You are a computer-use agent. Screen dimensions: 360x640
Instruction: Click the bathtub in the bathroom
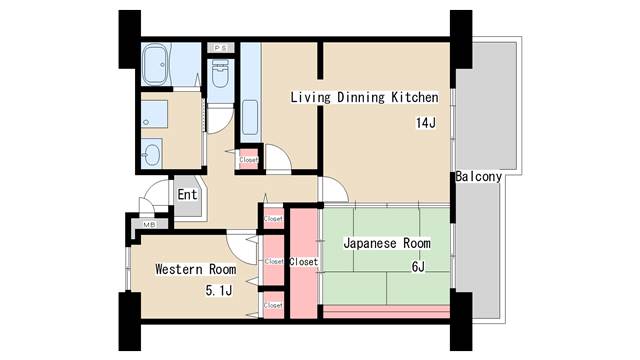point(157,67)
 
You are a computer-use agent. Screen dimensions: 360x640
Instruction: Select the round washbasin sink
point(152,154)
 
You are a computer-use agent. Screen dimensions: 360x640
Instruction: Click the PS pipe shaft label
point(220,47)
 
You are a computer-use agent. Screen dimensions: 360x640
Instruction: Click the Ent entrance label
point(187,194)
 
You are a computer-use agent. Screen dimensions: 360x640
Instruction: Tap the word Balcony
point(477,176)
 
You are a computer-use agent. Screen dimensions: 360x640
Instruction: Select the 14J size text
point(427,123)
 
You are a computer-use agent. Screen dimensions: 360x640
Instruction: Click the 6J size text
point(418,266)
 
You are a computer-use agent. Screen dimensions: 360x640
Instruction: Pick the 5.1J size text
point(218,291)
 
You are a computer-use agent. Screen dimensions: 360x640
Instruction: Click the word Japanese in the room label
point(370,243)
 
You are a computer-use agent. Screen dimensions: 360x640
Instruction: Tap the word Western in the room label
point(180,269)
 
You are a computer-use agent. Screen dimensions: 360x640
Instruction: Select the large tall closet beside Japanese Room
point(302,262)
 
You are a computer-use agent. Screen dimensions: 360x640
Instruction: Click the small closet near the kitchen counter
point(248,158)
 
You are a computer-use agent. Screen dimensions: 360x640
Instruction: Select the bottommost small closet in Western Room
point(273,304)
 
